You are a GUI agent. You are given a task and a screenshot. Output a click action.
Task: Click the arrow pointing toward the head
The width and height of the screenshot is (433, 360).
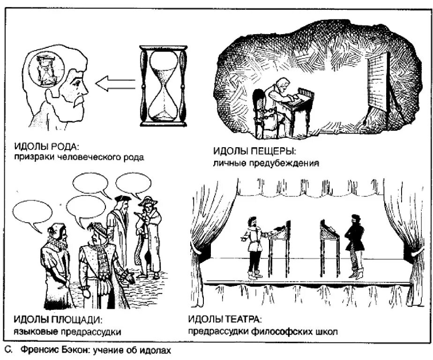pyautogui.click(x=115, y=84)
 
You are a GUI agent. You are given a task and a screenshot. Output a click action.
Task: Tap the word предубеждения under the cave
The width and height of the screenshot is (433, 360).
pyautogui.click(x=290, y=164)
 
